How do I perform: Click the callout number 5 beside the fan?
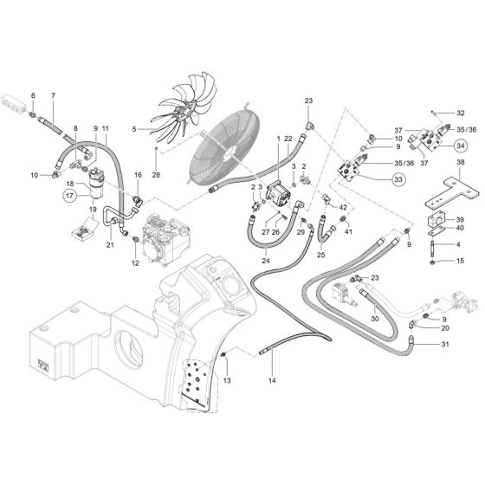tap(135, 129)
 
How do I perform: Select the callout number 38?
tap(460, 163)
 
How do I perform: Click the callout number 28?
tap(156, 175)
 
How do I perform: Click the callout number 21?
tap(110, 246)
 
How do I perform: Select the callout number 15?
tap(460, 261)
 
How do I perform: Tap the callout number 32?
tap(460, 113)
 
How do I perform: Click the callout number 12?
tap(135, 262)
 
